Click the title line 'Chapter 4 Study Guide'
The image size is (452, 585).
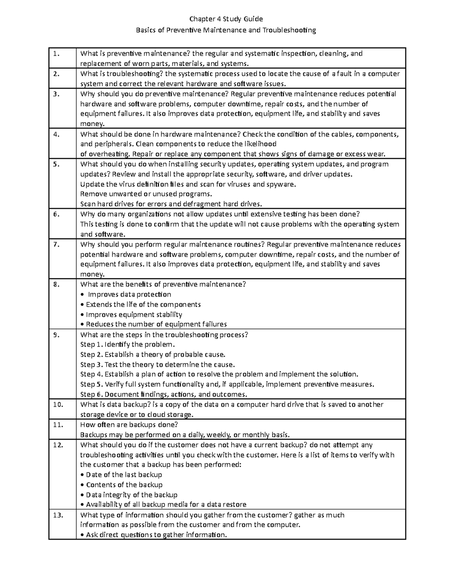(226, 19)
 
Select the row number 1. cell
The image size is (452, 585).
(56, 53)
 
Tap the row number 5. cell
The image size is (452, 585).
(56, 164)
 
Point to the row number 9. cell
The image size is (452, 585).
(56, 335)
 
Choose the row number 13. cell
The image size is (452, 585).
(58, 515)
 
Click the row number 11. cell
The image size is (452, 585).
(58, 425)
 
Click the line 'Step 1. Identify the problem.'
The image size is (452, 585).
(128, 344)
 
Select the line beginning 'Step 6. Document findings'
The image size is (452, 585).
(164, 394)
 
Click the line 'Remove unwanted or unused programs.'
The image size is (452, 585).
(146, 194)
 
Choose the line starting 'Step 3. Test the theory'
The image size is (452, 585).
(157, 364)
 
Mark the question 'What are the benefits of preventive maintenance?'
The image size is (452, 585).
(163, 284)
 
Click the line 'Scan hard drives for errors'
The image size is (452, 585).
(171, 204)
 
